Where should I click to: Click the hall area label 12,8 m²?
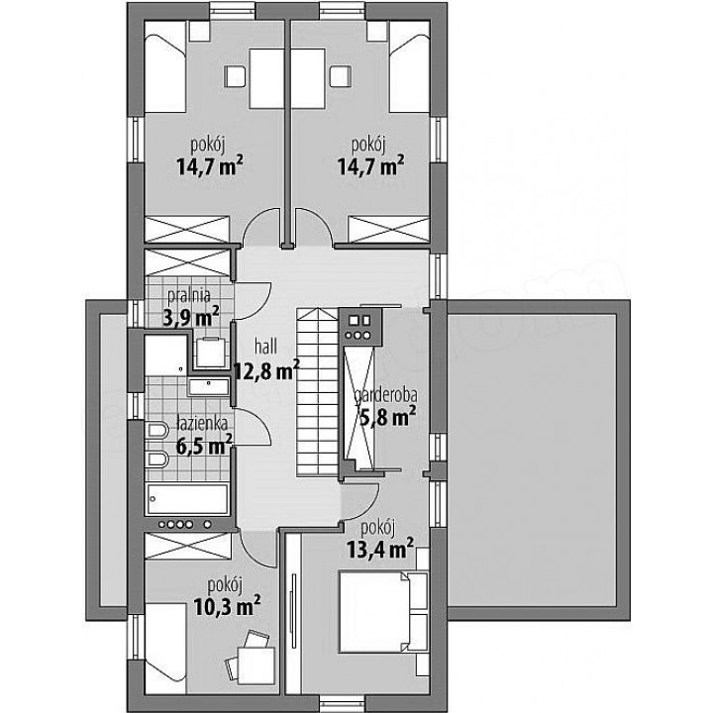point(266,370)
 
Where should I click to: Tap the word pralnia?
point(189,295)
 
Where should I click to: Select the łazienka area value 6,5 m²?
point(204,445)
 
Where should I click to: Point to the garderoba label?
point(385,395)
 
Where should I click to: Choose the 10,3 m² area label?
point(227,605)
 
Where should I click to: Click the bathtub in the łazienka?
point(186,499)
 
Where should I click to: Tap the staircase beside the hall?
point(318,392)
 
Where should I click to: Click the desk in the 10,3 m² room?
point(256,665)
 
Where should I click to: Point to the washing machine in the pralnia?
point(210,353)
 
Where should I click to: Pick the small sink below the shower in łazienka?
point(208,386)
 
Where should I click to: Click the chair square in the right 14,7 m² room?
point(341,76)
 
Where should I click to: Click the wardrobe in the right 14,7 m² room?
point(389,229)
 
